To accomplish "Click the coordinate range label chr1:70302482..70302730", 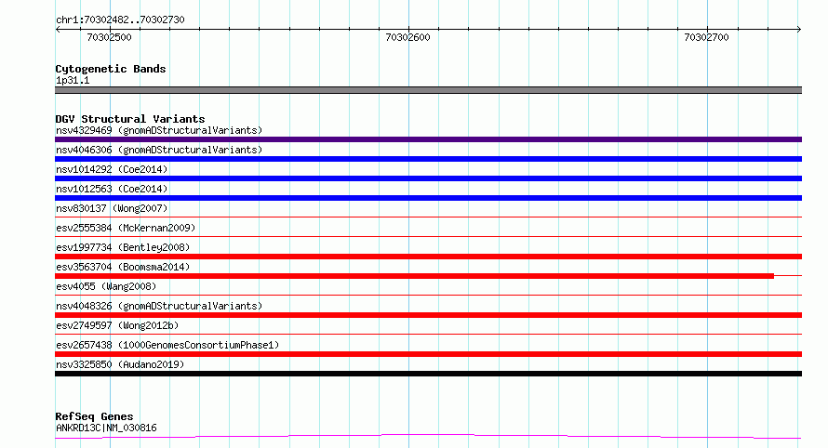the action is (x=120, y=20).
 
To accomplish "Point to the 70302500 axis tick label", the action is (x=109, y=37).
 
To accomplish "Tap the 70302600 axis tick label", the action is (x=407, y=37).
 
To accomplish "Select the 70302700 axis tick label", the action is (x=706, y=37).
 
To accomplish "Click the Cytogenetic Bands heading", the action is (x=111, y=69).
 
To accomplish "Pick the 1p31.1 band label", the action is (x=73, y=80).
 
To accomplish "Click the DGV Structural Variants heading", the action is (x=130, y=119).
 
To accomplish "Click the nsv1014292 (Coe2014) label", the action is (x=112, y=169).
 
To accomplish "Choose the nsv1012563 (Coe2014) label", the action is (x=112, y=189).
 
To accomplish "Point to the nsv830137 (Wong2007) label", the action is (x=112, y=208).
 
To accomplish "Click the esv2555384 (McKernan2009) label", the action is (x=126, y=228).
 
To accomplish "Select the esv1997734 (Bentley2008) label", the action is (x=123, y=247).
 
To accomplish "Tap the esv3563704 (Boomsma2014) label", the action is (x=123, y=267).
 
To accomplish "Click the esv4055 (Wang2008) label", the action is (x=106, y=286).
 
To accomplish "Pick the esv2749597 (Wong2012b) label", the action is (x=117, y=325).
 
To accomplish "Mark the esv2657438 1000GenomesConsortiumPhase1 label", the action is (x=167, y=345).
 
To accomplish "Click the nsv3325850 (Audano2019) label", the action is (x=120, y=364).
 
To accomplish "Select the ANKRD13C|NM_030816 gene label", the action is (x=106, y=428).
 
